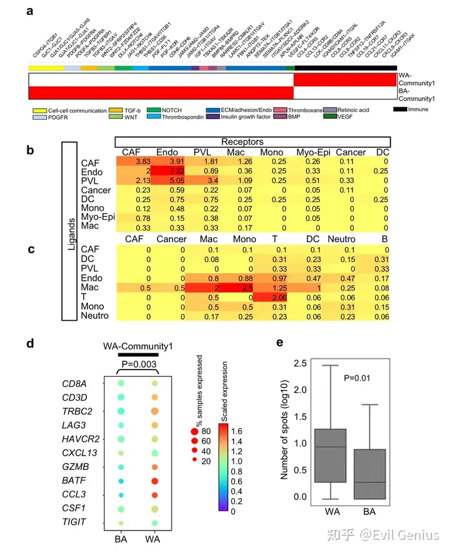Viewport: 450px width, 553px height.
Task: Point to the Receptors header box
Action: [x=253, y=142]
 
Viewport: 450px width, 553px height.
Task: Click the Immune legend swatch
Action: [x=400, y=110]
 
